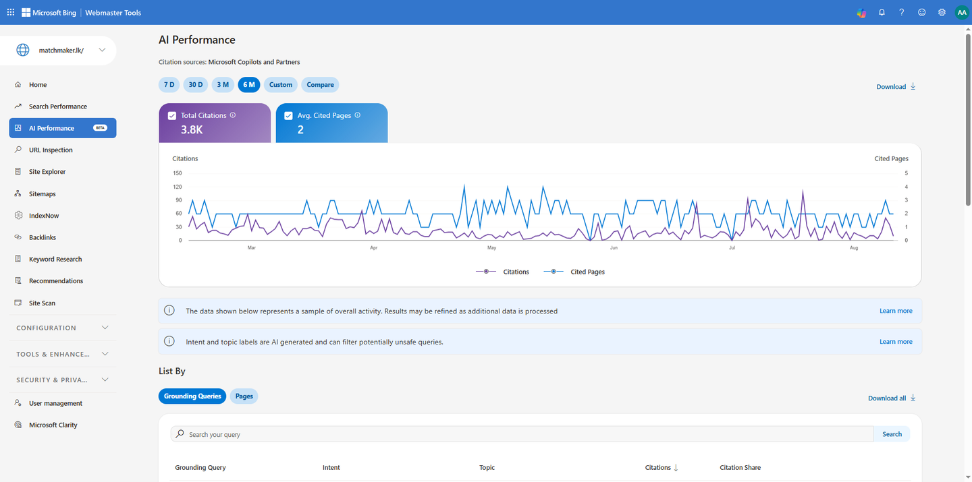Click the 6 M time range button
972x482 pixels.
click(x=248, y=84)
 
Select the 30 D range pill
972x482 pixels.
click(x=195, y=84)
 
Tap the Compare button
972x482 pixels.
click(x=320, y=84)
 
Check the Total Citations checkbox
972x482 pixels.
click(x=172, y=116)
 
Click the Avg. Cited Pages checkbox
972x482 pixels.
click(x=288, y=116)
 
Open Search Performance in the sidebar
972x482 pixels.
click(x=58, y=107)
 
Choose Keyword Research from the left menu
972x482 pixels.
click(x=55, y=259)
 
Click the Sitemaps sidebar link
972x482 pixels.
click(x=42, y=193)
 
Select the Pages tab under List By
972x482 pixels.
click(x=244, y=396)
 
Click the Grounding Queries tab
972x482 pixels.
click(x=192, y=396)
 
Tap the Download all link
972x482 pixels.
click(x=892, y=398)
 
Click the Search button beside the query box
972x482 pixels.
click(x=892, y=434)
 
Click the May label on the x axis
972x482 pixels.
click(x=491, y=248)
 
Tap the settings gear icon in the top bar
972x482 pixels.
click(x=942, y=13)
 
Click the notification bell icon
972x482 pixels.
click(x=882, y=13)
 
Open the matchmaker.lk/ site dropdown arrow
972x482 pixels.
click(x=102, y=50)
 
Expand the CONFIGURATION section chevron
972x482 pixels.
click(x=105, y=328)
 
